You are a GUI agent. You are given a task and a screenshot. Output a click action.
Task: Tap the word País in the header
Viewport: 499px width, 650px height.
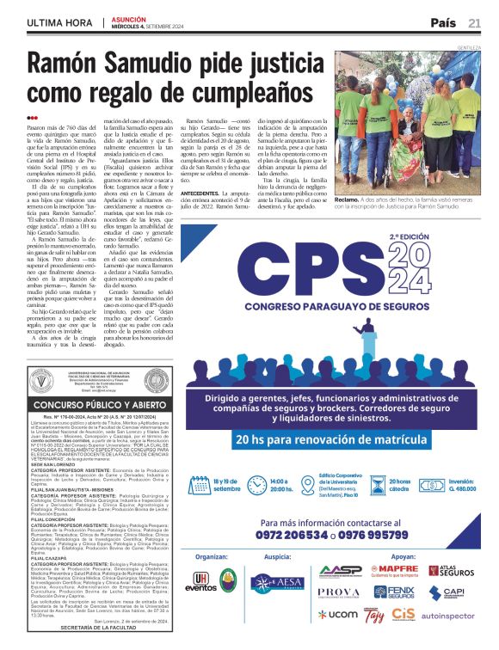(443, 22)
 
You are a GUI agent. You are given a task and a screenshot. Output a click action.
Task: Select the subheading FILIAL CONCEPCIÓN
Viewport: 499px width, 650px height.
(55, 520)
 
